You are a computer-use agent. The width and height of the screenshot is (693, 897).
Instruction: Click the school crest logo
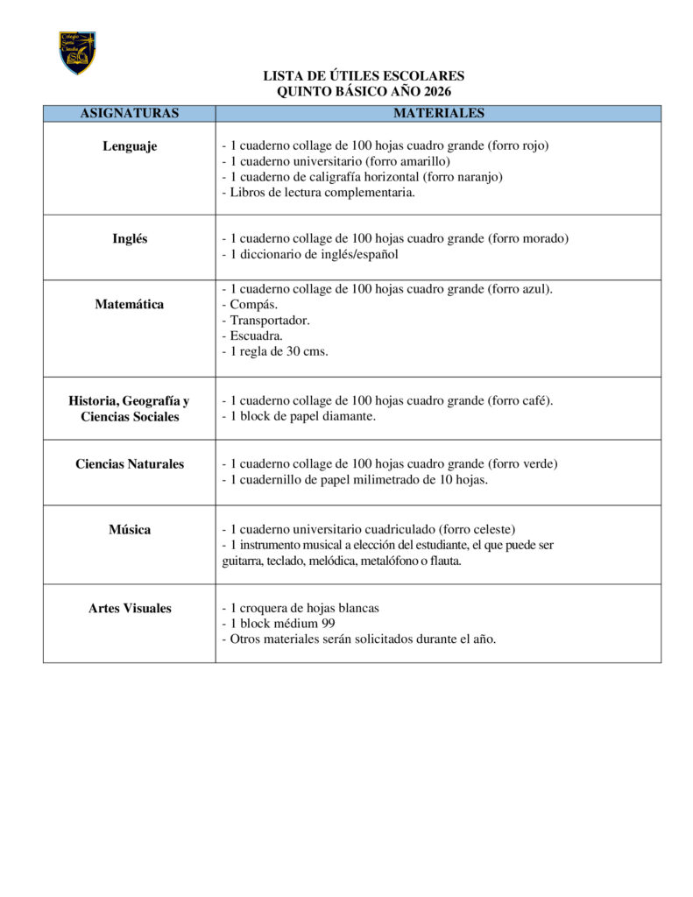click(77, 53)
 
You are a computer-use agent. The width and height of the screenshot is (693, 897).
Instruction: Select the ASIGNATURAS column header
click(130, 113)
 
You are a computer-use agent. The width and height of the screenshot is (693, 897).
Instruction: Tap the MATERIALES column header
click(438, 113)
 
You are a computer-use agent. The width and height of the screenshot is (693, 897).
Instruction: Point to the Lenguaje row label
click(130, 146)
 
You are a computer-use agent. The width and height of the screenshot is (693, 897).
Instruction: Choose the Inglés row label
click(130, 238)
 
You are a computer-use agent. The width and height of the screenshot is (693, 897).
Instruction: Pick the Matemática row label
click(130, 304)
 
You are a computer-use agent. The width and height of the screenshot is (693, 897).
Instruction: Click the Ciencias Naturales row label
click(130, 463)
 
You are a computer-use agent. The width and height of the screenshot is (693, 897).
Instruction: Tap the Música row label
click(130, 529)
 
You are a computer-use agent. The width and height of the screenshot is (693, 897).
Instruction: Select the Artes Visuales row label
click(130, 608)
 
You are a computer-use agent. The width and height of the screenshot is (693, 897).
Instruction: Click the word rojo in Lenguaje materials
click(534, 145)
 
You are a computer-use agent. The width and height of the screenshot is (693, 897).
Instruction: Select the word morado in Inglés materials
click(544, 238)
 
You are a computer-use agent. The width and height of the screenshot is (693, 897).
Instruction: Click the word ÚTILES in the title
click(352, 76)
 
